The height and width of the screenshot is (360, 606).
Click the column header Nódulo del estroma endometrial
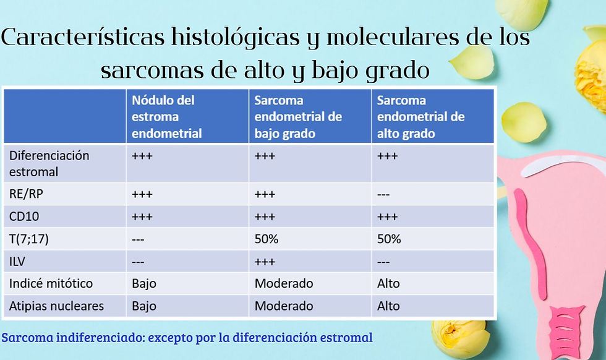click(167, 116)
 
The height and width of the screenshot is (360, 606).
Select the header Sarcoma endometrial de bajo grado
click(298, 116)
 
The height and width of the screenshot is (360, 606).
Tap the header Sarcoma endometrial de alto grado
click(420, 116)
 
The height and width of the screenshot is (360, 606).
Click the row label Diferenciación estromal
click(49, 163)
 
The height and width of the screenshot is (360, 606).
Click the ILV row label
click(17, 261)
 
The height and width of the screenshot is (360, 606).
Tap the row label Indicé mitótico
click(51, 283)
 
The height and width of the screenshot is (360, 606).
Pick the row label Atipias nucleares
click(56, 306)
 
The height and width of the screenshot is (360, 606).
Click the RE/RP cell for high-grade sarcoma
click(383, 194)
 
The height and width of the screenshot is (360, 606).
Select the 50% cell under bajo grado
click(267, 239)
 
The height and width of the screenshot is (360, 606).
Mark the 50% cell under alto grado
click(389, 239)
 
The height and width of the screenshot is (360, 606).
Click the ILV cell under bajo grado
click(265, 261)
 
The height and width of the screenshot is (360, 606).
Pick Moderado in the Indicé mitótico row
click(284, 283)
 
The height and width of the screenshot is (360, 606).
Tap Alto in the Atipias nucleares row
click(388, 306)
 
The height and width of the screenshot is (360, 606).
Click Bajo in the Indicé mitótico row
click(144, 283)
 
